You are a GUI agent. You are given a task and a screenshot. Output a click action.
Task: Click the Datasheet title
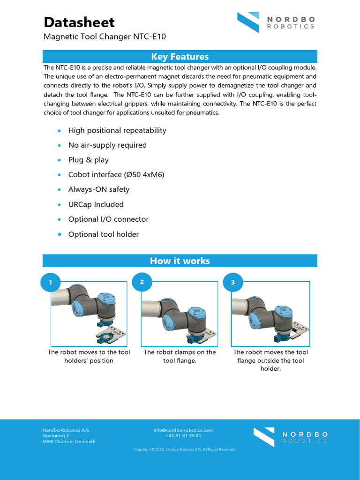[79, 22]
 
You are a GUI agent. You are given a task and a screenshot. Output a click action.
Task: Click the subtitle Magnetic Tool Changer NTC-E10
[105, 37]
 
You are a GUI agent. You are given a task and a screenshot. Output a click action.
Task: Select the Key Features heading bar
[180, 57]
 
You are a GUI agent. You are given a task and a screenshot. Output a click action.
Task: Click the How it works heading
[180, 261]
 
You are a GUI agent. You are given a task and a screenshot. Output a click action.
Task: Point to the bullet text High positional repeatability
[117, 130]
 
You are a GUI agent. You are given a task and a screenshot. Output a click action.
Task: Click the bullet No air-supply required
[107, 145]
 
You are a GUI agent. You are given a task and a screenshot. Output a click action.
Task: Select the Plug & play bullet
[89, 160]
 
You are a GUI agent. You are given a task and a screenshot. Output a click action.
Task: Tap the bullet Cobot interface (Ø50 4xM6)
[116, 175]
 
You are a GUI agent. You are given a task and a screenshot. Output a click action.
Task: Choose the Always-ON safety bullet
[99, 189]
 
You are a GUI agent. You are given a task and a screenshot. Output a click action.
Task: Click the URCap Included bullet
[96, 204]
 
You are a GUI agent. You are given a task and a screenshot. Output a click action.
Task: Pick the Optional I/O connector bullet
[108, 219]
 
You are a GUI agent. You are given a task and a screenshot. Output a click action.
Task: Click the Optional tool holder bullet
[104, 234]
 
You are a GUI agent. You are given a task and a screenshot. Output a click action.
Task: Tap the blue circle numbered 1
[51, 283]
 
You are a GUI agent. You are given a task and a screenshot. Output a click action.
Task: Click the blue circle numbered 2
[142, 282]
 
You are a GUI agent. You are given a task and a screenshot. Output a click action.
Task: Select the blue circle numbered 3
[232, 283]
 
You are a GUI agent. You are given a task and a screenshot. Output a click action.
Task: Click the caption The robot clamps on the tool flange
[180, 356]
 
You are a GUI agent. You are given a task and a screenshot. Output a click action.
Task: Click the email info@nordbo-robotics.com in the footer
[183, 430]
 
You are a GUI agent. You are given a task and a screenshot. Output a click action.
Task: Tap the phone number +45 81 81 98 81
[183, 435]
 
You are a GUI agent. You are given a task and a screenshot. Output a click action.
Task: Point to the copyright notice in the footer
[184, 450]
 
